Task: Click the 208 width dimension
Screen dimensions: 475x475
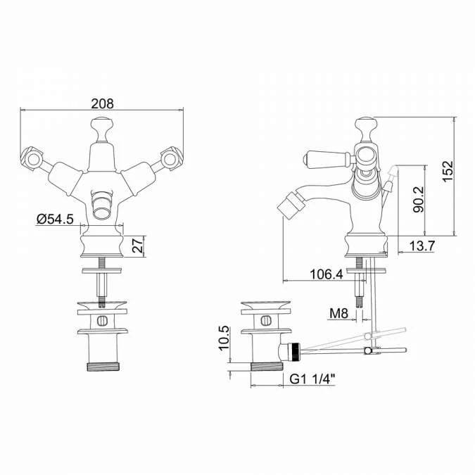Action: [x=103, y=103]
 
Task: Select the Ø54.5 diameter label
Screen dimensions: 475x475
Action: [x=55, y=219]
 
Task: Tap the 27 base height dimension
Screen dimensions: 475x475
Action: [x=137, y=246]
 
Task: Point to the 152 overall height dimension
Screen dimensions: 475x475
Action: [x=448, y=171]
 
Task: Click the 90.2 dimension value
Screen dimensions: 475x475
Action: [x=419, y=199]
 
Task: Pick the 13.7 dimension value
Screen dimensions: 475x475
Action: [x=422, y=246]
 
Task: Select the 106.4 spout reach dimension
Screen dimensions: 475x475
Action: [x=327, y=274]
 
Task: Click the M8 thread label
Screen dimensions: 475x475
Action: [x=338, y=314]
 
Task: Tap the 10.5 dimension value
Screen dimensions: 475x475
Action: [x=224, y=338]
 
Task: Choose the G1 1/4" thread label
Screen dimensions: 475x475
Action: [x=312, y=379]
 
